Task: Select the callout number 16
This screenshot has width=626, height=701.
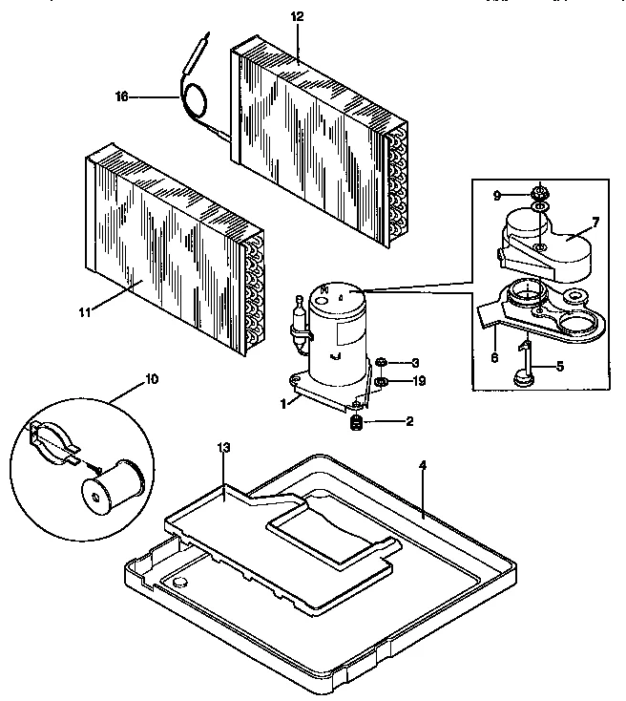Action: click(121, 96)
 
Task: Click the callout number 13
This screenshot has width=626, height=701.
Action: click(223, 449)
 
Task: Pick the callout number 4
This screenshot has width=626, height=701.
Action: click(422, 465)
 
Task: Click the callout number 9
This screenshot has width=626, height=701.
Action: click(497, 195)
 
